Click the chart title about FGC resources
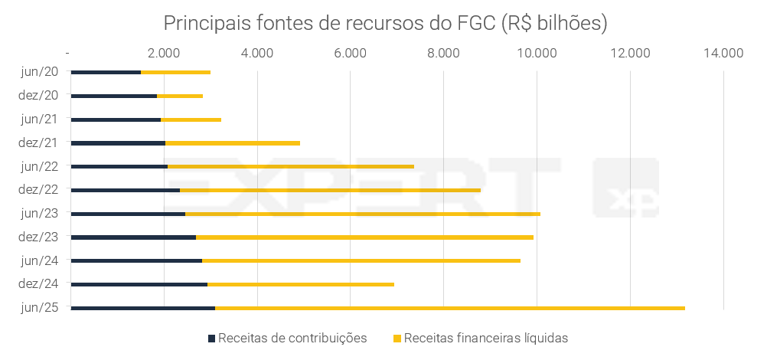[385, 24]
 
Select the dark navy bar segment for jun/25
[142, 308]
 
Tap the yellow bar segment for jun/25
[450, 308]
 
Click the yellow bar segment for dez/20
[180, 96]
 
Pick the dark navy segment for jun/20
[106, 72]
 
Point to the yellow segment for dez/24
[301, 284]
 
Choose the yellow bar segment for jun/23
[363, 214]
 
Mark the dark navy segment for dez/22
[125, 190]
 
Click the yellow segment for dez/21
[233, 142]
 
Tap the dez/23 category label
[38, 237]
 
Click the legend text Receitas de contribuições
[292, 338]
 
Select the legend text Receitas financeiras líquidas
[486, 338]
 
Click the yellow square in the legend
[397, 338]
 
